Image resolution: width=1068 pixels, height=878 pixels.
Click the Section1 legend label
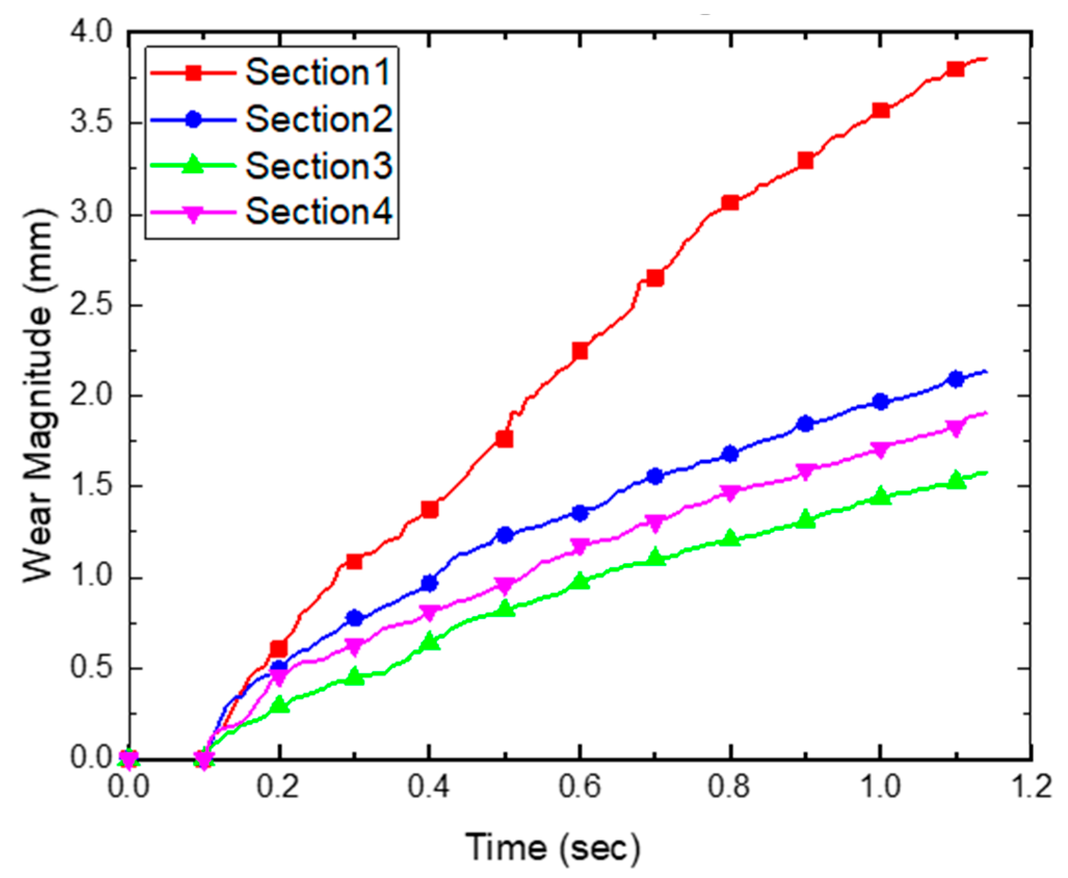pyautogui.click(x=317, y=72)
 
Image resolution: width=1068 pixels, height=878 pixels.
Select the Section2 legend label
pyautogui.click(x=318, y=119)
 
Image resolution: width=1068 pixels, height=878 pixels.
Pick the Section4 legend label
pyautogui.click(x=318, y=212)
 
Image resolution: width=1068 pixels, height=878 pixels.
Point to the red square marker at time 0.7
pyautogui.click(x=655, y=278)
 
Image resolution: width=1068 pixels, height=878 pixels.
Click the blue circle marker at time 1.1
pyautogui.click(x=955, y=379)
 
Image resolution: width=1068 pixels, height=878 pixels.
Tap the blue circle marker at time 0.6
pyautogui.click(x=580, y=513)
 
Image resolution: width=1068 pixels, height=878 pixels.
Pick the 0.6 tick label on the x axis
pyautogui.click(x=580, y=786)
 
